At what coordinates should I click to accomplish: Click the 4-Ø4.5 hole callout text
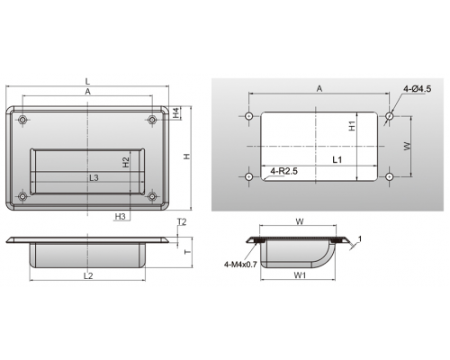point(418,89)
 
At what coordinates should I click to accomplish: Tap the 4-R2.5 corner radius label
point(283,171)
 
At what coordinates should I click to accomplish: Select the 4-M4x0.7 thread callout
point(240,265)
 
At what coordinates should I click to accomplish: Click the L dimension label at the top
point(87,81)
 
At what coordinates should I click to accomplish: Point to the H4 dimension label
point(176,112)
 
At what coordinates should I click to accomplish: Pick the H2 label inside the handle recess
point(126,162)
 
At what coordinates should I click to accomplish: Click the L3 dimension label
point(94,177)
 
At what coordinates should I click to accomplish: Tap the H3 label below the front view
point(120,216)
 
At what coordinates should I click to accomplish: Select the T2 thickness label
point(182,221)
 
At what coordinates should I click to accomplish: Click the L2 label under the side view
point(88,275)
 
